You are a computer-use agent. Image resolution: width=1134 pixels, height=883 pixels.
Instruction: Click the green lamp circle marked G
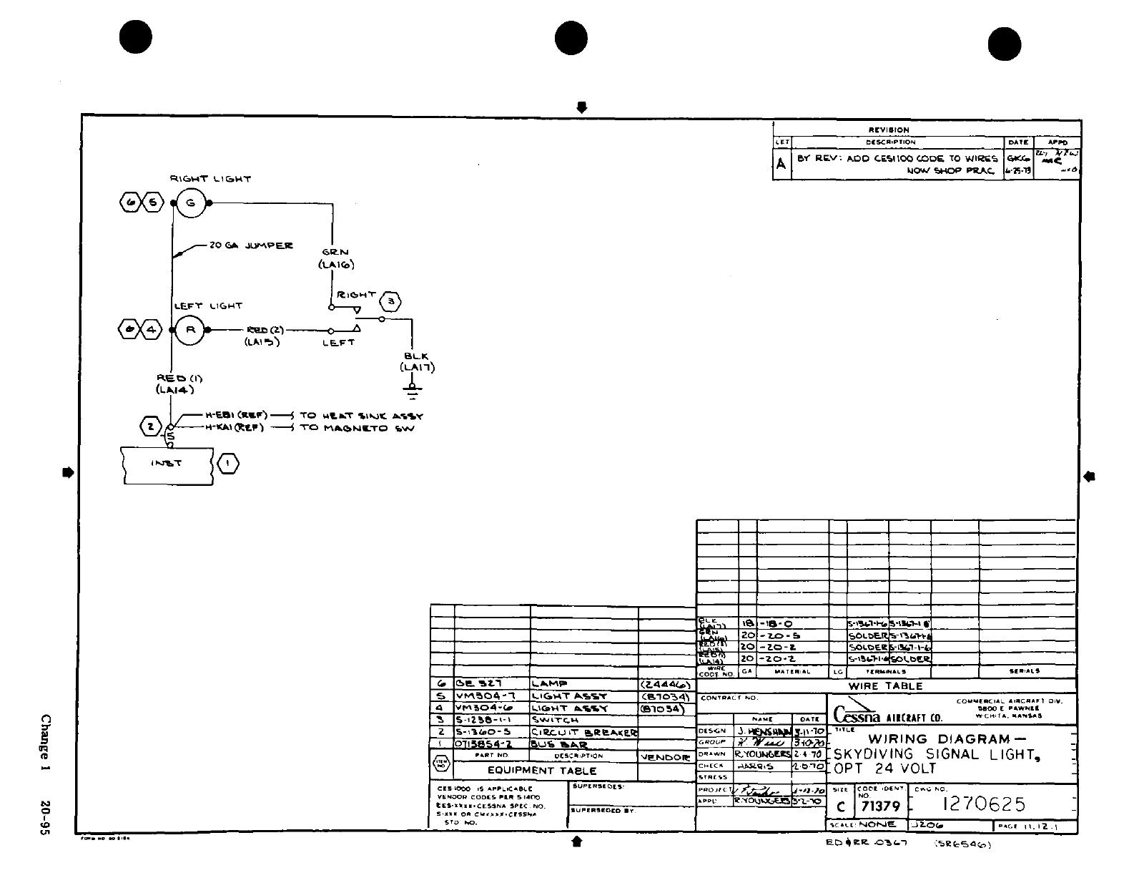pyautogui.click(x=190, y=203)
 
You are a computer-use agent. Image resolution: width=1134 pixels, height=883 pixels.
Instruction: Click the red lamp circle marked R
pyautogui.click(x=190, y=330)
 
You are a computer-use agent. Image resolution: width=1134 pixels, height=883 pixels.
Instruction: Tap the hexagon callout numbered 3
pyautogui.click(x=390, y=302)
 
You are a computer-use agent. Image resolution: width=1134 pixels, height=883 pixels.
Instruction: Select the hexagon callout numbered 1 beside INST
pyautogui.click(x=227, y=464)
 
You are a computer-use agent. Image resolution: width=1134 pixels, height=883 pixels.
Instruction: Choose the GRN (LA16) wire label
pyautogui.click(x=335, y=258)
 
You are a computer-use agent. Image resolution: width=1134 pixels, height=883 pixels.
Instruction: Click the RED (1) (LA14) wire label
pyautogui.click(x=175, y=384)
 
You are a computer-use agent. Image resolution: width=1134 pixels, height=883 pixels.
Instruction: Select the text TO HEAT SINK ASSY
pyautogui.click(x=361, y=416)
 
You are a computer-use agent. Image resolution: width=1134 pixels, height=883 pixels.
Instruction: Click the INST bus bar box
pyautogui.click(x=167, y=464)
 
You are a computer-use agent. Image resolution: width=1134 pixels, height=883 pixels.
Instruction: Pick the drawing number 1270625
pyautogui.click(x=985, y=804)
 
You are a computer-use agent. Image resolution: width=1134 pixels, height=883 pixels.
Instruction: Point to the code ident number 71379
pyautogui.click(x=880, y=806)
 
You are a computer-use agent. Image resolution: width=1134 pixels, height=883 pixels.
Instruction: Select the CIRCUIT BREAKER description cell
pyautogui.click(x=583, y=732)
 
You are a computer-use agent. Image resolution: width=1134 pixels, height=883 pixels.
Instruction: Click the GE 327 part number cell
pyautogui.click(x=480, y=684)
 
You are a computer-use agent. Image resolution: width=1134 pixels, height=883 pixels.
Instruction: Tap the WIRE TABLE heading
pyautogui.click(x=885, y=686)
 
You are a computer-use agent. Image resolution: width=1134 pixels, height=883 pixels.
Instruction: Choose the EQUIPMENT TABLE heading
pyautogui.click(x=541, y=771)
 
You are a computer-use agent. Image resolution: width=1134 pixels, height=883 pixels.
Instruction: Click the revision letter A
pyautogui.click(x=782, y=164)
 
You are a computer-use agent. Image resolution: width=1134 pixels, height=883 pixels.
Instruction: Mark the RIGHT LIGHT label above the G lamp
pyautogui.click(x=210, y=179)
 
